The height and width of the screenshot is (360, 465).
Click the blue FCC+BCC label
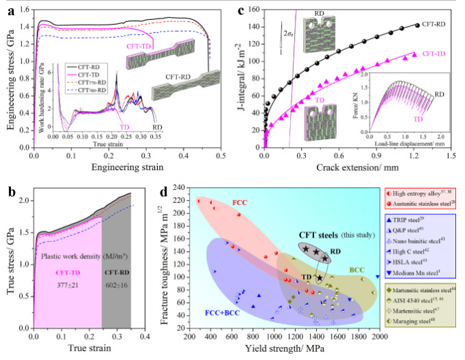tap(219, 313)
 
